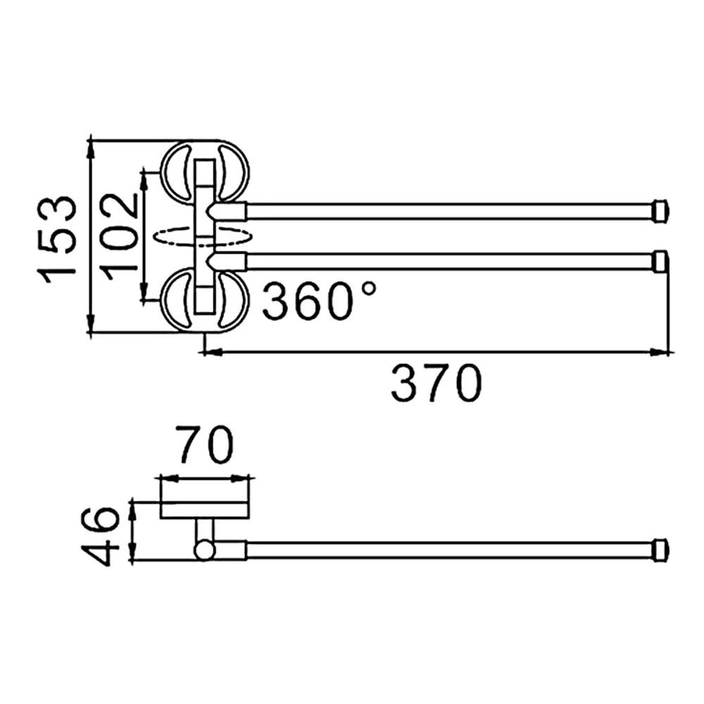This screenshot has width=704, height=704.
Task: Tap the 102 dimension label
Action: (118, 236)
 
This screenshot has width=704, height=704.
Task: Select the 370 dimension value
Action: (436, 384)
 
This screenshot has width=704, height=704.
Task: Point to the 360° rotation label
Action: (319, 300)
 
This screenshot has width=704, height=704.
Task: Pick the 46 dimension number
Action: (100, 535)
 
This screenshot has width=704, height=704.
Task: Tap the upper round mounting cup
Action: (205, 172)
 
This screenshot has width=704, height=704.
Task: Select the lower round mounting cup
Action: (205, 300)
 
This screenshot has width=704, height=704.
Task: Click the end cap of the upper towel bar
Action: (661, 210)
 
